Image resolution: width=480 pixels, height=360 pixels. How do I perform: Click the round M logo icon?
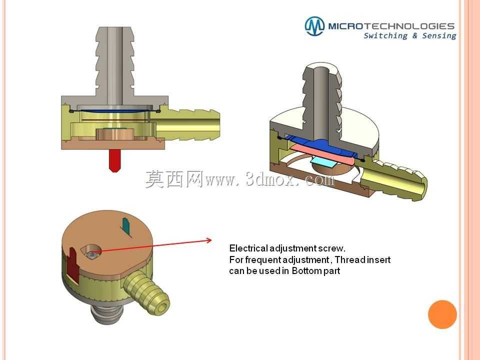click(x=314, y=26)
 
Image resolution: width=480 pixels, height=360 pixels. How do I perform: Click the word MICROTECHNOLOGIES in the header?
click(x=391, y=26)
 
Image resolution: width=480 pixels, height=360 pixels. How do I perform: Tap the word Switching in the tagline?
click(x=385, y=36)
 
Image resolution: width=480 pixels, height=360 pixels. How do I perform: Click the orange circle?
click(x=442, y=314)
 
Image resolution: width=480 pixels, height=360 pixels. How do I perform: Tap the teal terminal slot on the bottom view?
click(x=126, y=227)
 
